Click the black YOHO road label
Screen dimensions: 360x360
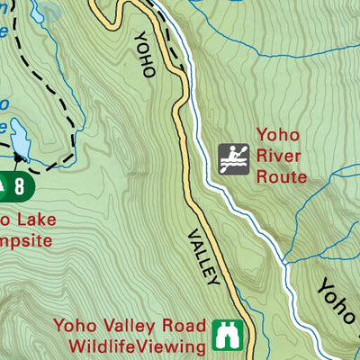point(144,54)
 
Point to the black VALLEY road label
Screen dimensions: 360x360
point(203,256)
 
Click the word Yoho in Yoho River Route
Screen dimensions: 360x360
point(275,136)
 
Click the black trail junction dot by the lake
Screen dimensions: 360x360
point(21,159)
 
